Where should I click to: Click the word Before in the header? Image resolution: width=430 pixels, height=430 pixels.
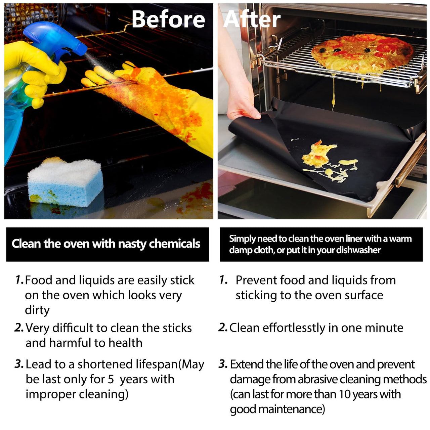168,19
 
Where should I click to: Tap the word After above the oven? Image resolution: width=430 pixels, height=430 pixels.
252,19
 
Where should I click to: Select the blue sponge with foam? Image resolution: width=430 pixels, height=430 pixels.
66,182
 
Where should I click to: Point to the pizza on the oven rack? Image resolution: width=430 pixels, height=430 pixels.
362,53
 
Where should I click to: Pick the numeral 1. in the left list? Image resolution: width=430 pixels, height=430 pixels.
19,280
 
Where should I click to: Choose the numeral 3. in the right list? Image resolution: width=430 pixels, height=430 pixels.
223,364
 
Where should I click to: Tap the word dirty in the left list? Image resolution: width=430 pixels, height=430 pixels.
37,310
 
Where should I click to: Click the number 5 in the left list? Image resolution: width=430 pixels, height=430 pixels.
111,379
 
